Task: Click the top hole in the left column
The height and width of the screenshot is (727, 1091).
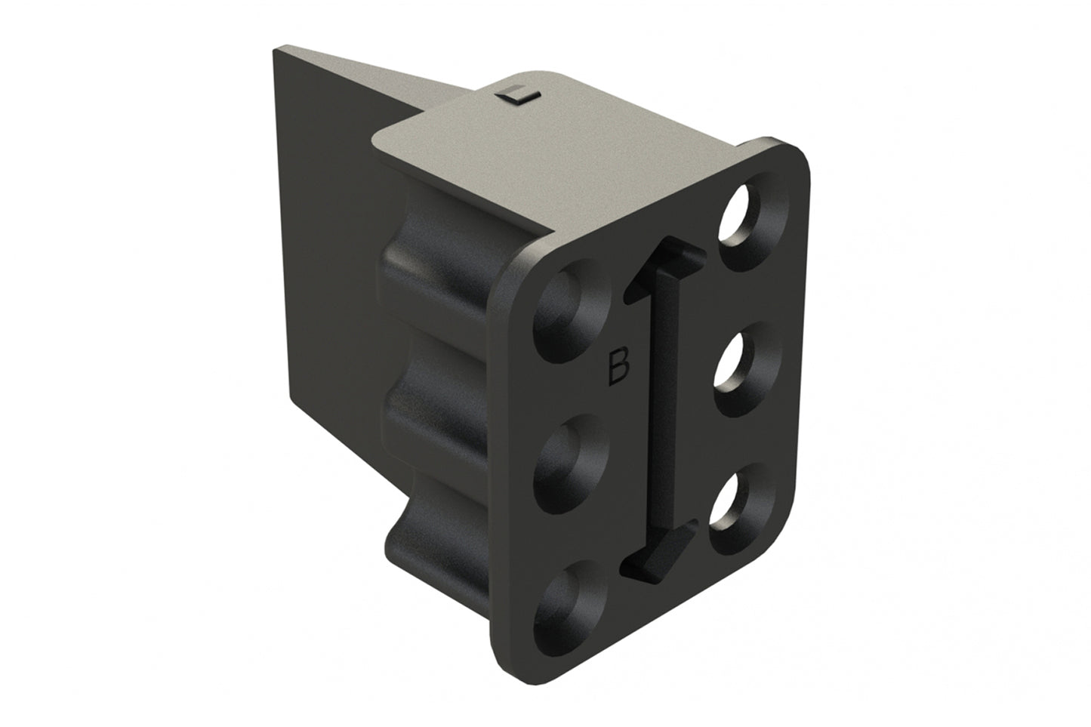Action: pyautogui.click(x=565, y=310)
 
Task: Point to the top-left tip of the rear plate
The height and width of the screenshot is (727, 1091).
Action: pyautogui.click(x=275, y=51)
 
